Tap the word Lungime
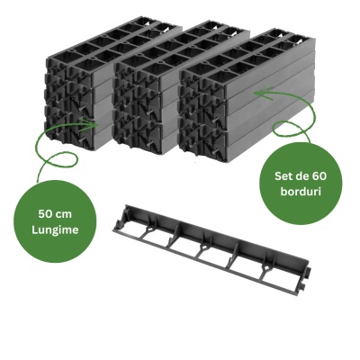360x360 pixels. tap(55, 230)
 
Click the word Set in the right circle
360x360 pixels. tap(283, 176)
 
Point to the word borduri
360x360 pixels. tap(301, 192)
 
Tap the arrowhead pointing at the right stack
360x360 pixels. tap(262, 93)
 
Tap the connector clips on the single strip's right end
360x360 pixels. tap(305, 278)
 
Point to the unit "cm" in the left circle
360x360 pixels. tap(64, 215)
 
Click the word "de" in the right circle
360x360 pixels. tap(301, 176)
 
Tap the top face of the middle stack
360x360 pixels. tap(180, 48)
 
